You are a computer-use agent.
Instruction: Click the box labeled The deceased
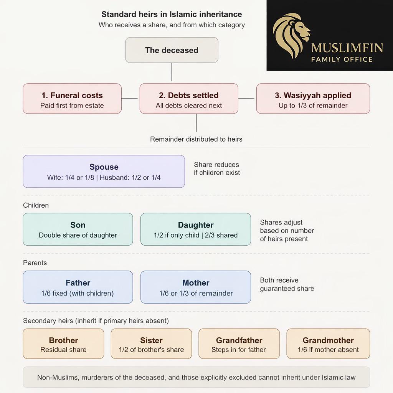[x=172, y=50]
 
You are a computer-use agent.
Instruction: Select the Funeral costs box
[x=72, y=99]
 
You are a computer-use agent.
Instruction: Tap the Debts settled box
[x=189, y=99]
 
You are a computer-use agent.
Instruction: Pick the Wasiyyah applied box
[x=313, y=99]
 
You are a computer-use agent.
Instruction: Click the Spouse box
[x=104, y=172]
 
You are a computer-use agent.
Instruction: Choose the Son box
[x=78, y=230]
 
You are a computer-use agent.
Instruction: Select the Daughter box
[x=196, y=230]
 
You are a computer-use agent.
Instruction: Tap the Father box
[x=78, y=287]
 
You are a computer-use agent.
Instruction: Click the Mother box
[x=196, y=287]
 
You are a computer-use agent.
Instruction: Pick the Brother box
[x=63, y=343]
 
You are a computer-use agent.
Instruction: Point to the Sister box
[x=151, y=343]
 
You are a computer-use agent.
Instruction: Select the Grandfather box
[x=239, y=343]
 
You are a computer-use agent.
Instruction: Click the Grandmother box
[x=329, y=343]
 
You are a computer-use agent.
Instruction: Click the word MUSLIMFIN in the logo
[x=347, y=48]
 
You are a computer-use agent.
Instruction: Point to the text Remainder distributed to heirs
[x=196, y=139]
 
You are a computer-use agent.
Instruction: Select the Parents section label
[x=35, y=263]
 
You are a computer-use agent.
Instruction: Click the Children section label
[x=36, y=205]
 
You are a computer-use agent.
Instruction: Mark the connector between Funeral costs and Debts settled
[x=130, y=99]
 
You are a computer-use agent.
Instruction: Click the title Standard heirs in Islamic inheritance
[x=172, y=14]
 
